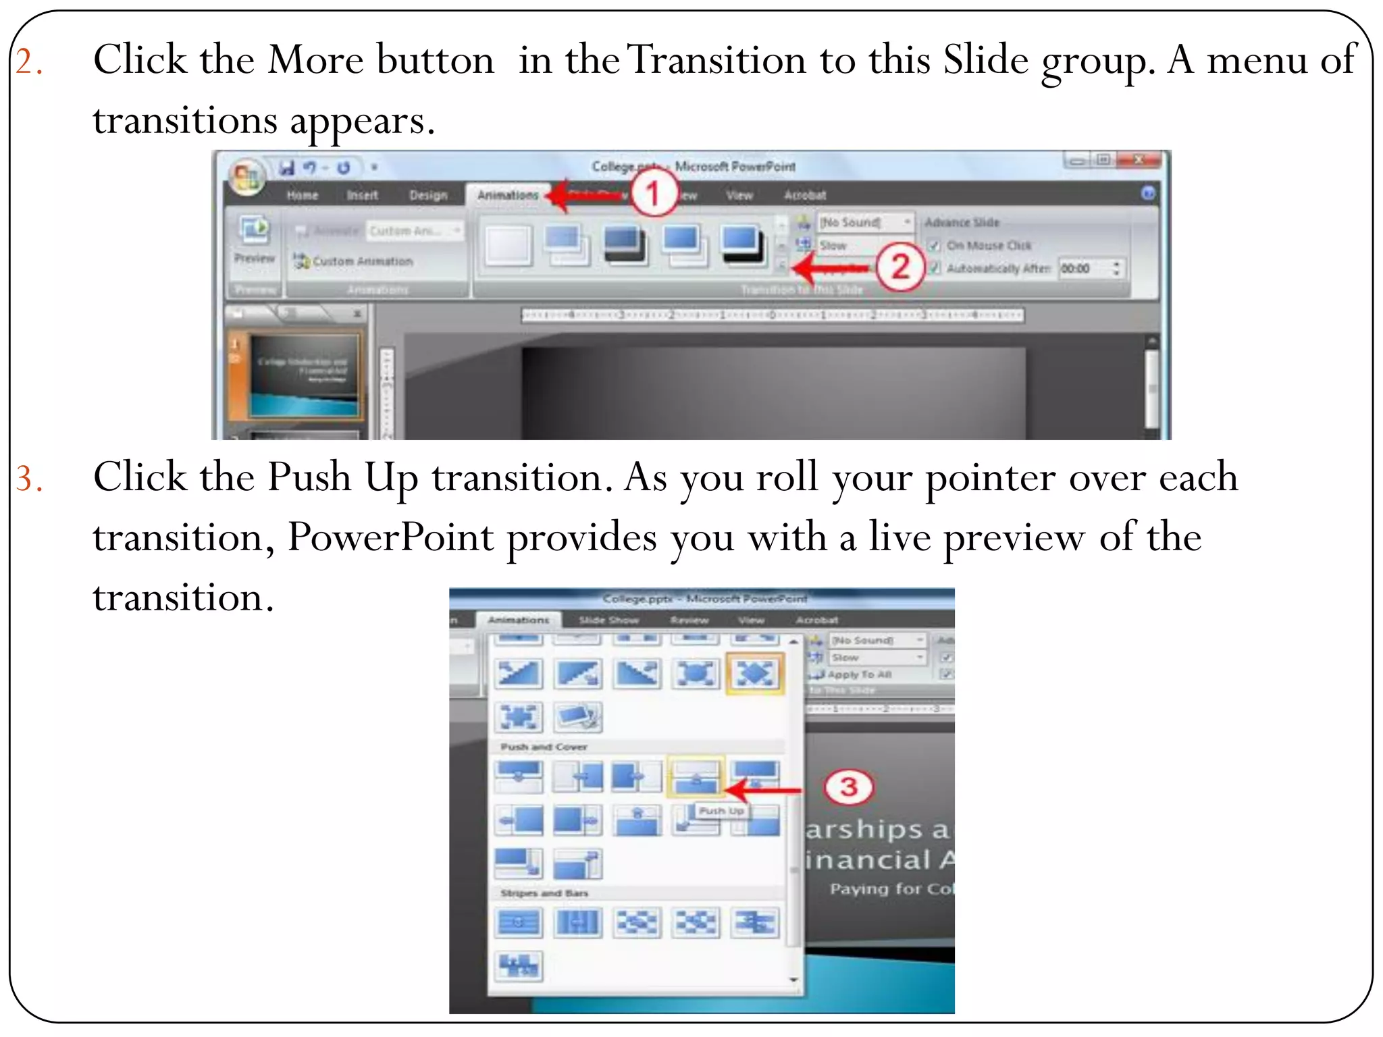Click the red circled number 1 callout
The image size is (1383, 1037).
(653, 194)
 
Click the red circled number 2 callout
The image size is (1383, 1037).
(900, 267)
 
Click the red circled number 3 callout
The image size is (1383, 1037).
(848, 787)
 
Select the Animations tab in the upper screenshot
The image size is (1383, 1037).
(507, 195)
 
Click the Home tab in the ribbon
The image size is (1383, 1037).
(302, 195)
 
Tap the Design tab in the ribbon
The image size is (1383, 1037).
(428, 195)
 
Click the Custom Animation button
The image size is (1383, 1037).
(354, 261)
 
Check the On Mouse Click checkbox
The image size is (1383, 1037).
(934, 246)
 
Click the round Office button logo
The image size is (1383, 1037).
(246, 177)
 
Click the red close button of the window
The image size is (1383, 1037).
(1139, 160)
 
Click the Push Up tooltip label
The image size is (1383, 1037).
(721, 811)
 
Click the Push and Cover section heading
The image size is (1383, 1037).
(544, 747)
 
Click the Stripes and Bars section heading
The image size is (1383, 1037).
(544, 893)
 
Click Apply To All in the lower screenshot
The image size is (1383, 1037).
(859, 674)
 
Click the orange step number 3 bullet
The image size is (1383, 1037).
(29, 479)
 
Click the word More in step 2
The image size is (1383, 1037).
(315, 60)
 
